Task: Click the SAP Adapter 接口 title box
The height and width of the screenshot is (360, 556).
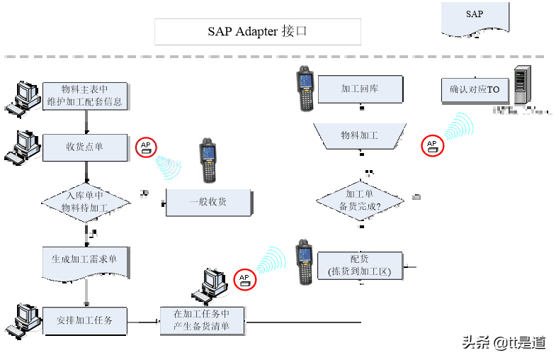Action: [x=258, y=32]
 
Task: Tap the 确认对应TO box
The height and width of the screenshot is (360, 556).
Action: [x=475, y=90]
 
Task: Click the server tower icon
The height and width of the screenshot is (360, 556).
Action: [x=521, y=84]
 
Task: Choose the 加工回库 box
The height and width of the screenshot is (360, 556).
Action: [x=361, y=89]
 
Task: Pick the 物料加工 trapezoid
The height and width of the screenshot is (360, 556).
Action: [x=360, y=135]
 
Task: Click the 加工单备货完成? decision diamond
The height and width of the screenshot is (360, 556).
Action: [x=360, y=201]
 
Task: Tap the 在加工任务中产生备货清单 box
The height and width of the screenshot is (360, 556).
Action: [x=202, y=320]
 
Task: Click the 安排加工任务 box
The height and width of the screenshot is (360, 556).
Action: [x=85, y=320]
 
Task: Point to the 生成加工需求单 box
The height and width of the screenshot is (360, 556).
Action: [x=85, y=261]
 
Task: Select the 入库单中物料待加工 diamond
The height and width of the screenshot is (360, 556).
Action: [x=85, y=203]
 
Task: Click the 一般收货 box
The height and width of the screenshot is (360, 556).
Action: [x=208, y=202]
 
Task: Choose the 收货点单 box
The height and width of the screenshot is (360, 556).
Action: [x=85, y=147]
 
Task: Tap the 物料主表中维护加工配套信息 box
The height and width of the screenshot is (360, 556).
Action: [x=85, y=96]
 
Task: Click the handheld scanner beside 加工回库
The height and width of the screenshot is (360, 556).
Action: [x=305, y=89]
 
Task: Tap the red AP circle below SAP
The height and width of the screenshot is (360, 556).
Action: [x=430, y=145]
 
